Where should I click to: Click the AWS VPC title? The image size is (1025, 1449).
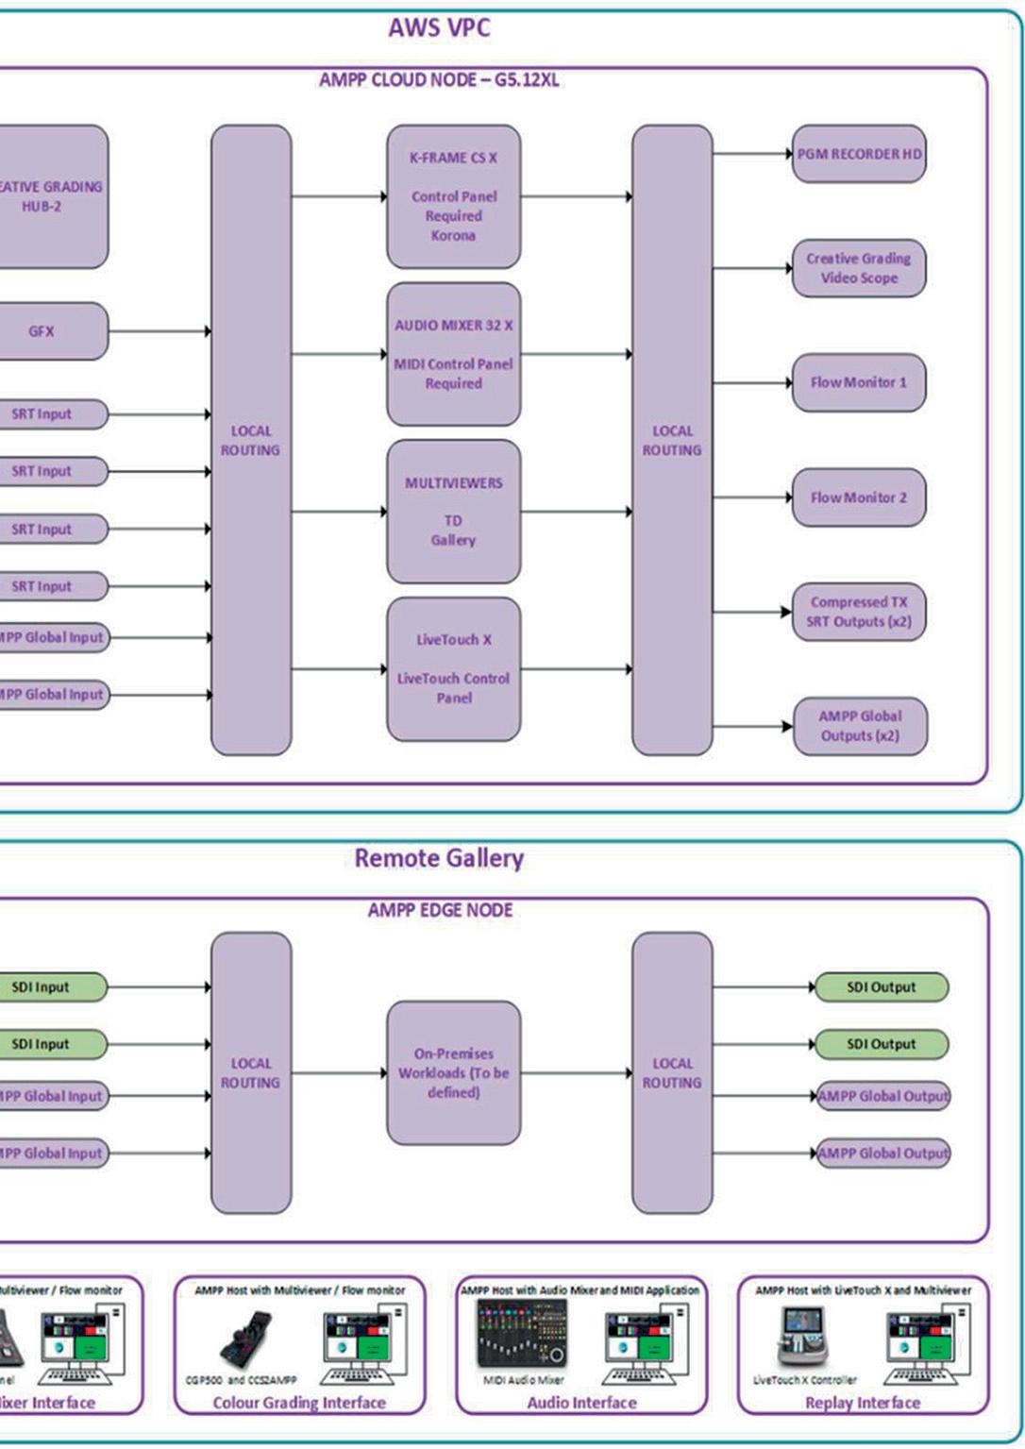[439, 27]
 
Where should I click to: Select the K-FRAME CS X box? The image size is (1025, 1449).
[453, 196]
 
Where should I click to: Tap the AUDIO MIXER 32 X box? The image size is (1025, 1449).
[453, 354]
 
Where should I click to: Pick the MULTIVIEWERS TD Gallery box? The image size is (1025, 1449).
[453, 511]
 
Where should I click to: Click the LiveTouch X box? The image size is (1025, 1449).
[453, 668]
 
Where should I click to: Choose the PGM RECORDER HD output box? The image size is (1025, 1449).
[859, 154]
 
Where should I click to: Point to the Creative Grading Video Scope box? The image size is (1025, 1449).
[859, 268]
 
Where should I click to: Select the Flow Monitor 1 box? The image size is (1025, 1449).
[859, 382]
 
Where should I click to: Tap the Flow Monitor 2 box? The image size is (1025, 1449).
[859, 497]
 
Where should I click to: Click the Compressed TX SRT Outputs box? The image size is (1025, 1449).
[859, 612]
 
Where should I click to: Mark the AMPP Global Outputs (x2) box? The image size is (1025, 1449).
[860, 726]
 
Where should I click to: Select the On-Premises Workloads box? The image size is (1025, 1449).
[453, 1073]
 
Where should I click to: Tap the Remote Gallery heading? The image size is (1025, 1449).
[439, 858]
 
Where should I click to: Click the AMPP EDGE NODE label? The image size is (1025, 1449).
[440, 910]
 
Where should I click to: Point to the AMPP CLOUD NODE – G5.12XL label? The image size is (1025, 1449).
[439, 80]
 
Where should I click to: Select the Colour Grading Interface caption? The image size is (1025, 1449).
[299, 1403]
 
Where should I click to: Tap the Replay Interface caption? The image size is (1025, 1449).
[862, 1403]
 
